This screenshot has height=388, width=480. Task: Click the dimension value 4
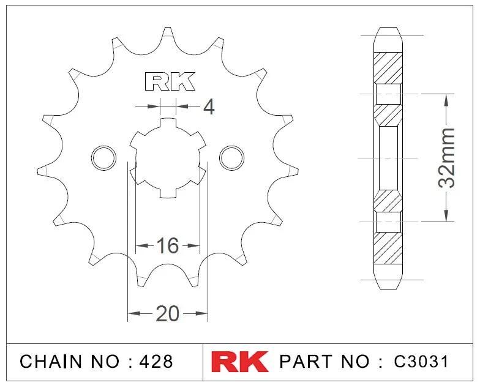(208, 108)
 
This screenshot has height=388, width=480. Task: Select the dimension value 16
(167, 246)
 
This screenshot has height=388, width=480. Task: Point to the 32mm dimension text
(448, 157)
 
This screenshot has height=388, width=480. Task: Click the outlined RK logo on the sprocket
(169, 81)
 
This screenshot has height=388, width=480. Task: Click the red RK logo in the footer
(240, 361)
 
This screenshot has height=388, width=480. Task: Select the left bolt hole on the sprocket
(103, 157)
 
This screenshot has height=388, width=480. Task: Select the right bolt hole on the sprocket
(231, 157)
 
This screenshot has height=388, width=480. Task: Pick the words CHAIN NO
(69, 362)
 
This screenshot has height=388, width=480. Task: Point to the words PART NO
(324, 362)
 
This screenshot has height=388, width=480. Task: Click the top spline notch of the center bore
(168, 123)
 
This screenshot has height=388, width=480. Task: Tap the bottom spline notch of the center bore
(168, 192)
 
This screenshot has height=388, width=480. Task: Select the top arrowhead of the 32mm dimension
(448, 100)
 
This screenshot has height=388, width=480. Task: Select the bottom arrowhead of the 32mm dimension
(448, 215)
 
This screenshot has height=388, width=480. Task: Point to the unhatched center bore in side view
(389, 157)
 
